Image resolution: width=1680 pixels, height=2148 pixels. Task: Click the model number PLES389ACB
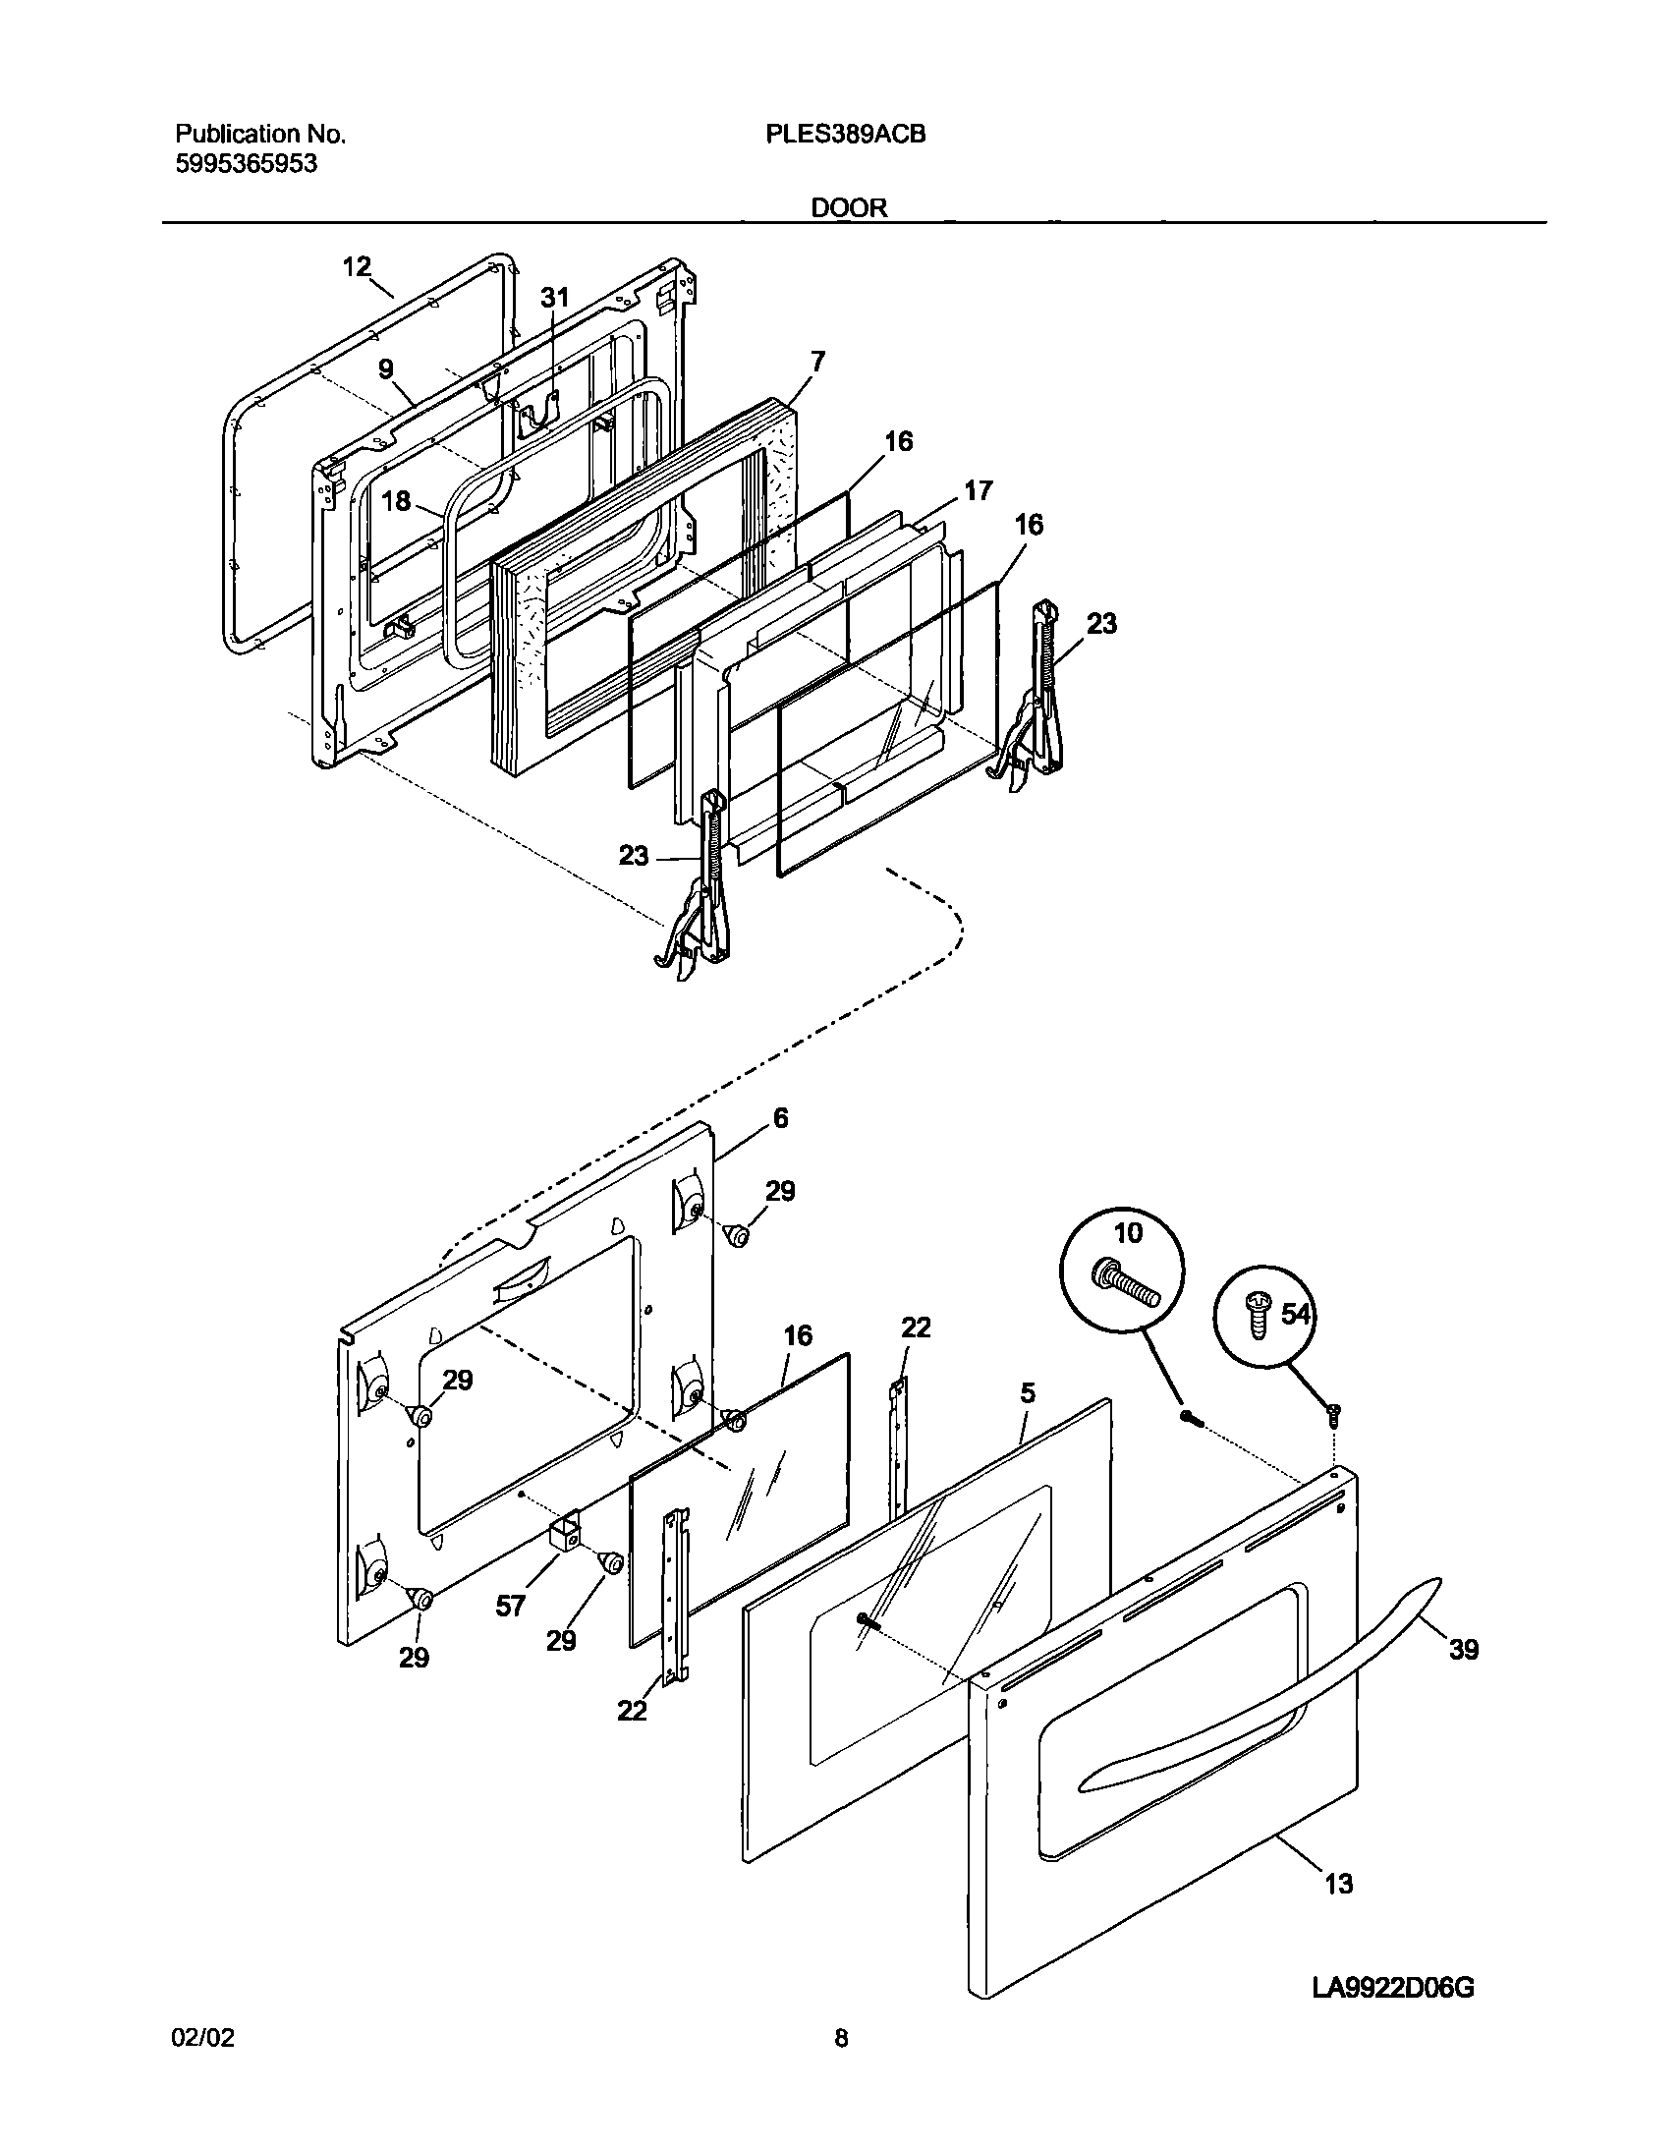click(845, 135)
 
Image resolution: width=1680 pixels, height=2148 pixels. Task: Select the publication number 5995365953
click(246, 164)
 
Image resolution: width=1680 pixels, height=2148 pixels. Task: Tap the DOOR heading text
click(849, 207)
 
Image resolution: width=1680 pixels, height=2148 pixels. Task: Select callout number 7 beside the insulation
click(817, 361)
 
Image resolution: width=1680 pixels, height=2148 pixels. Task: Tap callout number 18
click(395, 501)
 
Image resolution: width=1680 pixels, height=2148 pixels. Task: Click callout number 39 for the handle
click(1464, 1650)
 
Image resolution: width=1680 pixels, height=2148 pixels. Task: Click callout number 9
click(385, 368)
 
